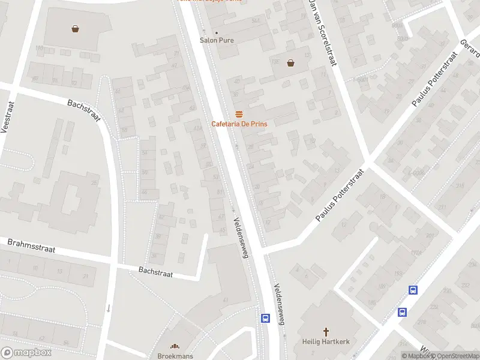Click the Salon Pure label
217,41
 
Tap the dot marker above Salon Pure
217,32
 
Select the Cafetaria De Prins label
239,124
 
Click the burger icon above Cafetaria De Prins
239,114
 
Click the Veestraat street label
9,117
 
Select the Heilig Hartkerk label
326,341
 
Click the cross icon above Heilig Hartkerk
326,332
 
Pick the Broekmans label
175,356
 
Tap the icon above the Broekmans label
175,346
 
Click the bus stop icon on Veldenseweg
265,318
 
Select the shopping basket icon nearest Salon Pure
291,62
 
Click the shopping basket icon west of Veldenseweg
76,28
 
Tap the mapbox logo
26,352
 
